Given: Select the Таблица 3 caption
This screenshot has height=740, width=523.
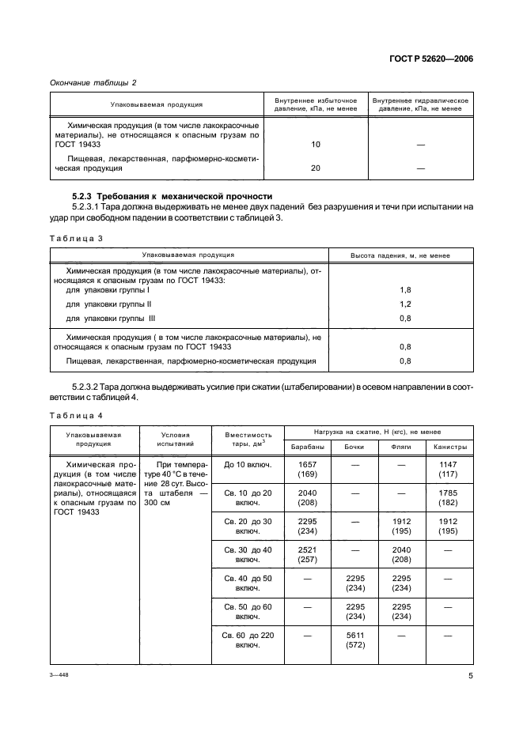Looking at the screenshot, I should coord(77,237).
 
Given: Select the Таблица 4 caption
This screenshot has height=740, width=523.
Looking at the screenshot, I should coord(77,415).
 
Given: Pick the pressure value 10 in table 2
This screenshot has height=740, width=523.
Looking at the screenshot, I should coord(316,145).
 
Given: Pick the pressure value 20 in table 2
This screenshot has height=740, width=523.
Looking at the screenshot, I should coord(316,168).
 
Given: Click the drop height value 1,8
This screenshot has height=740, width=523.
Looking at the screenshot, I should coord(405,290).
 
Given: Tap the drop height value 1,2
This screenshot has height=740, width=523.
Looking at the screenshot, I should coord(405,304).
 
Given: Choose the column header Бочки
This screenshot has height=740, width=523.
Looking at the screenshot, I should coord(354,447).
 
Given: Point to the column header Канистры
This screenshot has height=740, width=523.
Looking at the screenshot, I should coord(449,447).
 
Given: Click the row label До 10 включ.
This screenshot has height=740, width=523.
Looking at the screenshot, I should coord(248,464).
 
